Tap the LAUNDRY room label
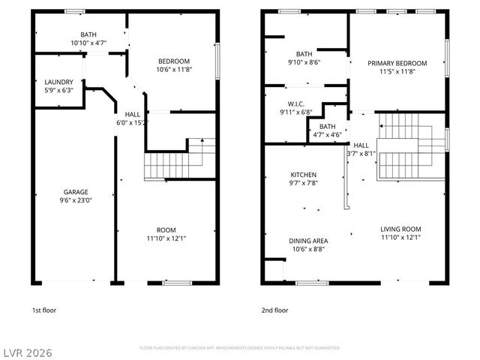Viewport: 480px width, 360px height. [x=58, y=82]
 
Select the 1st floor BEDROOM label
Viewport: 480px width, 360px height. [x=173, y=61]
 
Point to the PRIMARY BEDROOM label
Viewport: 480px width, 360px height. [x=397, y=63]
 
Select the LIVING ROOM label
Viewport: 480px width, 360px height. [x=401, y=229]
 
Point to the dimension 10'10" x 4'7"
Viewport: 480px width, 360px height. [x=88, y=44]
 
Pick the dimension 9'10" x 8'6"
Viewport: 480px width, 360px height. [x=304, y=63]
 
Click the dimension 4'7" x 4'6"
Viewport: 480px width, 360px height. [x=327, y=135]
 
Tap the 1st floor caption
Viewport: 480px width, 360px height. [x=43, y=310]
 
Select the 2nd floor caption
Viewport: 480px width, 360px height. [x=274, y=310]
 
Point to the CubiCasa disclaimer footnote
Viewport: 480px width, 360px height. [x=239, y=348]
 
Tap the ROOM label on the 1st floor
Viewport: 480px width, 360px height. [x=166, y=229]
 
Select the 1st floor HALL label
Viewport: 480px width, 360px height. [x=132, y=114]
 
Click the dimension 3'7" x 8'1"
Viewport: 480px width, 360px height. [x=361, y=154]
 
